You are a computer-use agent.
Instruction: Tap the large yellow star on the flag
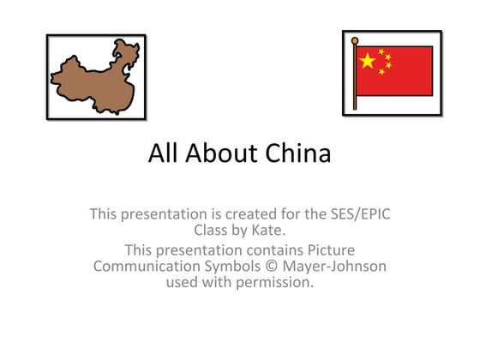tap(367, 60)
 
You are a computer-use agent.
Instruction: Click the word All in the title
tap(161, 153)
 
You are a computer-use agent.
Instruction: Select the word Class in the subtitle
tap(213, 230)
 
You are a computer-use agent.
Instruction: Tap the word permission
tap(274, 282)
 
